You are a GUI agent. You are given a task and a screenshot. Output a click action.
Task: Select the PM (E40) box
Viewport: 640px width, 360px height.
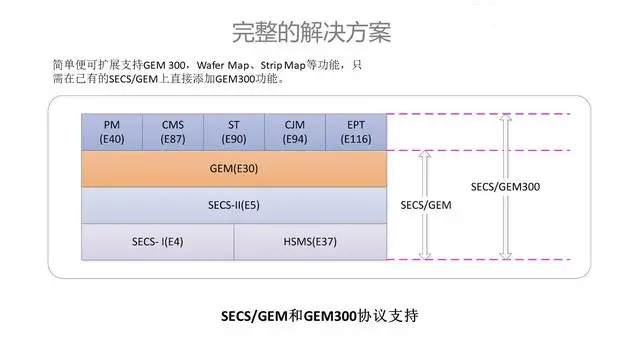[x=112, y=132]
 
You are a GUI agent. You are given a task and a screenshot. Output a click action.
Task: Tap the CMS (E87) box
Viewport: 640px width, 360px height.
[x=173, y=132]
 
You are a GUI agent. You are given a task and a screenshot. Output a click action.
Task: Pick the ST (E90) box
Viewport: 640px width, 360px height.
[x=234, y=132]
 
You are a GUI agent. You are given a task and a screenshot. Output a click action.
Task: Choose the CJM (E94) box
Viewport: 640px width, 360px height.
[x=295, y=132]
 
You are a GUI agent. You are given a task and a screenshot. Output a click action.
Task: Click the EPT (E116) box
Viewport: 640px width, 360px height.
[x=356, y=132]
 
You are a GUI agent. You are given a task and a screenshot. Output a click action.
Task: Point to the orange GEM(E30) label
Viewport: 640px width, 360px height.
[x=235, y=169]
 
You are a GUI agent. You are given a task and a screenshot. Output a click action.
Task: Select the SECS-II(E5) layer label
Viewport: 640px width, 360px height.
[x=235, y=205]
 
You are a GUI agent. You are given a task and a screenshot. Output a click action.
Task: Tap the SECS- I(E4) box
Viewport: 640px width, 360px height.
[x=157, y=241]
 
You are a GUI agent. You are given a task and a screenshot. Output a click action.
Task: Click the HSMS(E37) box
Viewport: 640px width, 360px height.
[x=310, y=241]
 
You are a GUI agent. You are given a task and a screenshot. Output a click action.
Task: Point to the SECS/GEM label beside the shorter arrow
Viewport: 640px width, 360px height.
[x=427, y=205]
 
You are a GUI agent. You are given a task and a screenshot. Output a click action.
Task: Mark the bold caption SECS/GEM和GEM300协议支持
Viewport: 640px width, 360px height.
[x=318, y=315]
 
